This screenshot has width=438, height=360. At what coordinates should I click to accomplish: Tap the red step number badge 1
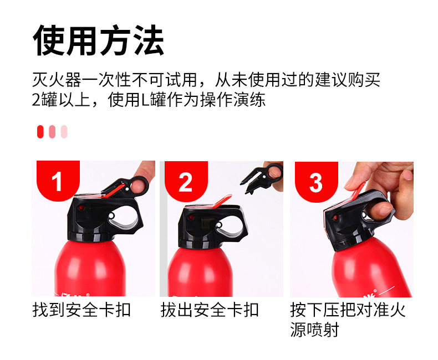pos(58,181)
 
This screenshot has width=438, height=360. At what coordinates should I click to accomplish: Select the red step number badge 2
pos(186,181)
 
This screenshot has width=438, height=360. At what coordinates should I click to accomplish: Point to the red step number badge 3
pos(317,182)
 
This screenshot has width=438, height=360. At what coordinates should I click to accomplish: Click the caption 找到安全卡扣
pos(82,310)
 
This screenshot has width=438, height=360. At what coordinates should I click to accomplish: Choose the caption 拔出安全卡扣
pos(210,310)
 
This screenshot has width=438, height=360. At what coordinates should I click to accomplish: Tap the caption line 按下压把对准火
pos(348,310)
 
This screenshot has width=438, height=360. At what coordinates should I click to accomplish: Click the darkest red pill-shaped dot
pos(40,132)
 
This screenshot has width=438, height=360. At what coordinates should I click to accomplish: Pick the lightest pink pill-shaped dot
pos(64,132)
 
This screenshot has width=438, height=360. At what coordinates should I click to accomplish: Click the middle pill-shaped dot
pos(52,132)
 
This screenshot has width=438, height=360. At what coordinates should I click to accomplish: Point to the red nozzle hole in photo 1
pos(82,208)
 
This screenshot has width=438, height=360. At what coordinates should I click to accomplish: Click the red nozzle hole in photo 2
pos(191,218)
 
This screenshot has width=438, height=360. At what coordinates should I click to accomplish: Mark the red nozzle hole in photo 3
pos(335,218)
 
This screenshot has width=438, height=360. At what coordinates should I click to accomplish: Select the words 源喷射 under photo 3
pos(314,330)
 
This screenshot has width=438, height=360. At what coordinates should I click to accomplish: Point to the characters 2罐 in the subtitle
pos(44,100)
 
